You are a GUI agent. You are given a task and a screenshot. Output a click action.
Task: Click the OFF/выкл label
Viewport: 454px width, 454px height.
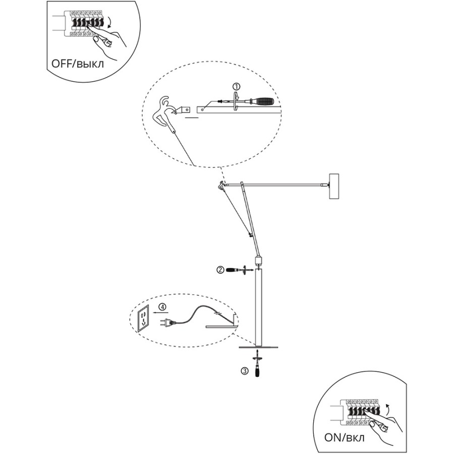click(77, 64)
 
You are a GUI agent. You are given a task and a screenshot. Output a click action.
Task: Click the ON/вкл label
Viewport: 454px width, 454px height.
click(345, 437)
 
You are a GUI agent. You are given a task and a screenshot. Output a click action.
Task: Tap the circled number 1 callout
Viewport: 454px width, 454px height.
click(237, 86)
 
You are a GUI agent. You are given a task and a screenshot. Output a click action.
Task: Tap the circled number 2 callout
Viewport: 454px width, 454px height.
click(220, 270)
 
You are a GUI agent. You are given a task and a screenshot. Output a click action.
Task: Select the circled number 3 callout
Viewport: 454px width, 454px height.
click(245, 371)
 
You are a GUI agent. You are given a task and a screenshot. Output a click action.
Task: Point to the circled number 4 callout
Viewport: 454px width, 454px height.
click(163, 307)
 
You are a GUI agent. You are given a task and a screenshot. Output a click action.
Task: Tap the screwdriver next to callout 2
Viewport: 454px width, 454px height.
click(236, 270)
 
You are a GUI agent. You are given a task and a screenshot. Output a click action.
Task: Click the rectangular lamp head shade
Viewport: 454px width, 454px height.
click(334, 186)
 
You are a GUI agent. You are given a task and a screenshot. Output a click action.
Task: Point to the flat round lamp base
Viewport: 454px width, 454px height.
click(258, 347)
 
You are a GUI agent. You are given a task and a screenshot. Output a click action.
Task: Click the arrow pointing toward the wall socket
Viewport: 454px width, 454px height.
click(159, 313)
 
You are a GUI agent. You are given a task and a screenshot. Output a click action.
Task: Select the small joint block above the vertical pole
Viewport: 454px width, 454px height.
click(258, 260)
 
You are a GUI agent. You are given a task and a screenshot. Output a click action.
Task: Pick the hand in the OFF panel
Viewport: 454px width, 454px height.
click(106, 40)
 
